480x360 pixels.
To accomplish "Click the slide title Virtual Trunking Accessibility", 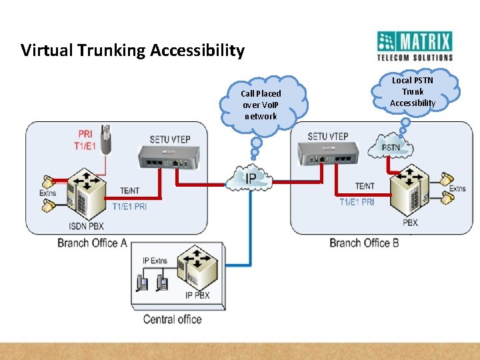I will pos(133,51).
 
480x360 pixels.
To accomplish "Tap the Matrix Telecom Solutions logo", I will pos(414,46).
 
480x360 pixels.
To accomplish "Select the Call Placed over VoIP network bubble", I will pos(261,105).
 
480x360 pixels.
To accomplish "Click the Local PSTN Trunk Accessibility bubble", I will pos(413,92).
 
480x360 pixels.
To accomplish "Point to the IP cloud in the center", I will pos(250,179).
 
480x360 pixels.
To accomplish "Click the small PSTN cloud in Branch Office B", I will pos(391,147).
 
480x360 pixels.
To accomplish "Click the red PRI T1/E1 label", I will pos(85,139).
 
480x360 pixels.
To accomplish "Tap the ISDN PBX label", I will pos(87,226).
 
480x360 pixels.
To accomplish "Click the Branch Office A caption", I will pos(92,243).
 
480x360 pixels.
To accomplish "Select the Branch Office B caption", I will pos(364,243).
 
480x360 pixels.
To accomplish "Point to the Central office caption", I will pos(172,319).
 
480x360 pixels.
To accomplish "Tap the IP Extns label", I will pos(155,261).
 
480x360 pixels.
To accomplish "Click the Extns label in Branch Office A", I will pos(48,193).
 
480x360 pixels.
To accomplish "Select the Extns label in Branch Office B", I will pos(457,189).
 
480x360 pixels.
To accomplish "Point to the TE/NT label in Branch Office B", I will pos(365,186).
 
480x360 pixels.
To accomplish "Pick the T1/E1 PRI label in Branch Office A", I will pos(130,206).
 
